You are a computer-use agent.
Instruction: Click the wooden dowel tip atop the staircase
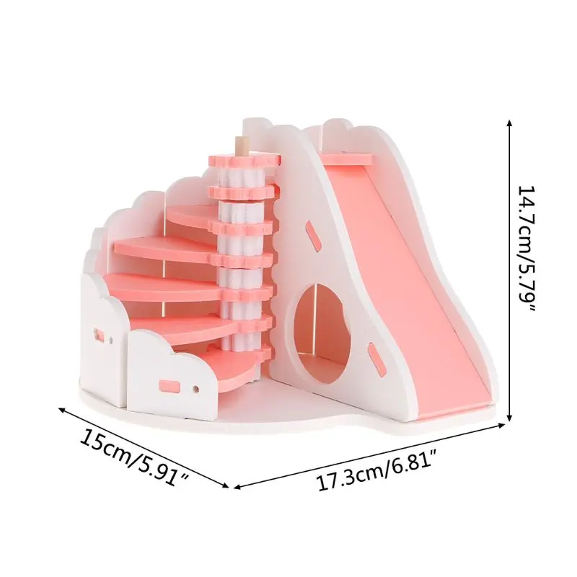pos(241,146)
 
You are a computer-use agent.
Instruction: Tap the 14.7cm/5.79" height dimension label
pos(527,249)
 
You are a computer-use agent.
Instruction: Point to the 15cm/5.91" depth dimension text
pos(135,459)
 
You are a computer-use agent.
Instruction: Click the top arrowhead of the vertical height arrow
pos(509,123)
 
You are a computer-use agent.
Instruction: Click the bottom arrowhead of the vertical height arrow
pos(509,417)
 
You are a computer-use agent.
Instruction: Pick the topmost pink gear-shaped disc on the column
pos(245,160)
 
